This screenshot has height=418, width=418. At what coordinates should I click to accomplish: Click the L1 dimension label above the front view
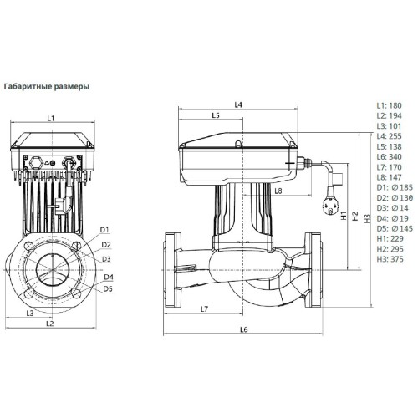point(50,119)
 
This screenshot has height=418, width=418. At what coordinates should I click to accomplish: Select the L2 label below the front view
point(49,323)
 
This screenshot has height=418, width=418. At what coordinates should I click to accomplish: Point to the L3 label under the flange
point(30,312)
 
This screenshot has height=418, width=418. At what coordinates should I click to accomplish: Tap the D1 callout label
point(105,229)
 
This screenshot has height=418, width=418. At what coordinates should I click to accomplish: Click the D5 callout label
point(108,288)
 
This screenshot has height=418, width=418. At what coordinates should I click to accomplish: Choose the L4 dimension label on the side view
point(238,104)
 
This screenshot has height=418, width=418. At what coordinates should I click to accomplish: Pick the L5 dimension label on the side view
point(215,115)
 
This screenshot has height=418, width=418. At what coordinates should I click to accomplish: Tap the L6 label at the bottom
point(243,329)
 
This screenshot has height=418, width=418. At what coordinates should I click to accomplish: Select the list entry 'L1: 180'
point(390,105)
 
